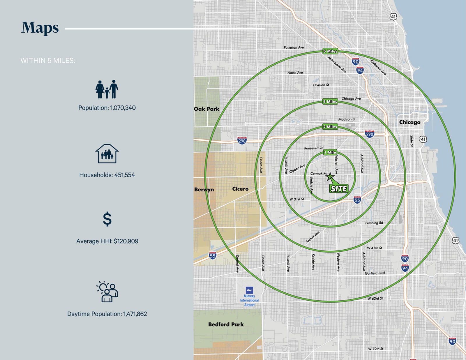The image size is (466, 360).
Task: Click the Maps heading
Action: [40, 28]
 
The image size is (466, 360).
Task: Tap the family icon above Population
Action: [107, 89]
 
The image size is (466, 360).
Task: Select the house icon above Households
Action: [107, 153]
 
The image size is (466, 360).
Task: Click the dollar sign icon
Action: [107, 219]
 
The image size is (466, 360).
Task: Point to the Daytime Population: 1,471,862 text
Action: [107, 314]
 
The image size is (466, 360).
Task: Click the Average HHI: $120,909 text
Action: [107, 241]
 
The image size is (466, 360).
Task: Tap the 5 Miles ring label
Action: [330, 51]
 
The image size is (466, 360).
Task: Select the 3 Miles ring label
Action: [330, 102]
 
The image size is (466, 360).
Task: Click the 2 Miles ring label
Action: [330, 127]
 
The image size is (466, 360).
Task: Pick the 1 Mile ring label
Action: [330, 152]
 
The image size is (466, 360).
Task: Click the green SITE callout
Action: [339, 189]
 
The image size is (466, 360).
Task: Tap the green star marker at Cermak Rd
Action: [330, 177]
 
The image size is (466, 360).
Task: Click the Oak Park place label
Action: [206, 109]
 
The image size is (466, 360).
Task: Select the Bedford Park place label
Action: [226, 324]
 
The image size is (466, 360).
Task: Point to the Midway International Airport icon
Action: [249, 290]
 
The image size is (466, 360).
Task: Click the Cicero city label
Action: [240, 189]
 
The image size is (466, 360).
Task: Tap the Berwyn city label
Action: [204, 189]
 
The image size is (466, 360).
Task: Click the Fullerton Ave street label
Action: [294, 47]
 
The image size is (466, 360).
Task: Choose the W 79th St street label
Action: [375, 349]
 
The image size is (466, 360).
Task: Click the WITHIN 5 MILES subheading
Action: [48, 61]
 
